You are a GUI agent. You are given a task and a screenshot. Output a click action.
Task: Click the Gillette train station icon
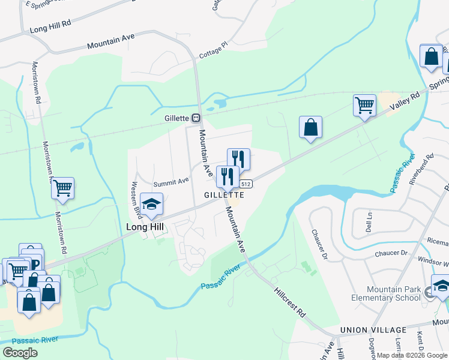[196, 118]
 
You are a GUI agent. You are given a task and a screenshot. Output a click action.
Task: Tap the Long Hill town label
[144, 227]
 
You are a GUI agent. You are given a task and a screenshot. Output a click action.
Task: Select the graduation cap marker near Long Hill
[151, 205]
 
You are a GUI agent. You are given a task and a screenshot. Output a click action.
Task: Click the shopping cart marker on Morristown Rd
[62, 188]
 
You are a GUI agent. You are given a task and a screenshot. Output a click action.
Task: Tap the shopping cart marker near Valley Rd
[364, 106]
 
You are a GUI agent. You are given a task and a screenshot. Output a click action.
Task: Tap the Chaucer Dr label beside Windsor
[391, 253]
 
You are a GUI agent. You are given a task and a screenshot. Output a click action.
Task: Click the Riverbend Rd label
[421, 169]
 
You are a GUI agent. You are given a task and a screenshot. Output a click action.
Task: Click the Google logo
[20, 352]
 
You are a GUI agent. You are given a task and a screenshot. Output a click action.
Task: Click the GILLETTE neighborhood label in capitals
[224, 195]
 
